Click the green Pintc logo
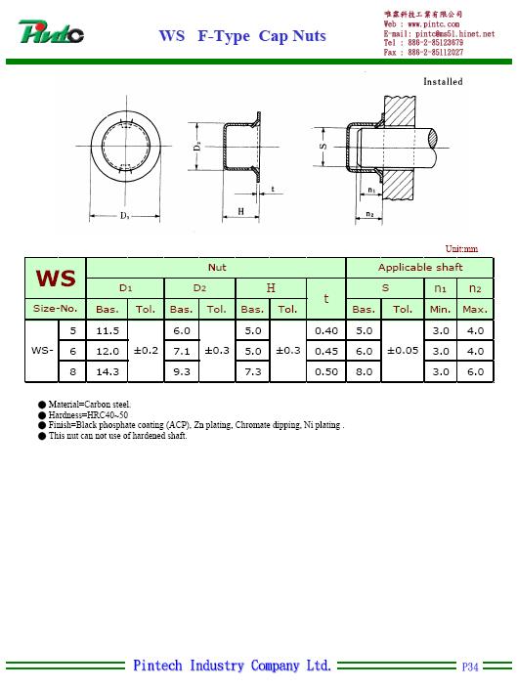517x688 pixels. (x=51, y=31)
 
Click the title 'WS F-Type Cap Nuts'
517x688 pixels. (x=242, y=36)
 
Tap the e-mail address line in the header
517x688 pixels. (x=439, y=34)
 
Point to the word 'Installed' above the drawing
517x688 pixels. (x=443, y=82)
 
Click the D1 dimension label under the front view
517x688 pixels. (x=125, y=215)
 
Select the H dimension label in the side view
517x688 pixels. (x=240, y=211)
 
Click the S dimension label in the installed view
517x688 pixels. (x=323, y=147)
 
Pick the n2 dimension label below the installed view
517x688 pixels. (x=370, y=214)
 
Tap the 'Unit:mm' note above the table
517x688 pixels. (x=461, y=249)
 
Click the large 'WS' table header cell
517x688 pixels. (x=56, y=279)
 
